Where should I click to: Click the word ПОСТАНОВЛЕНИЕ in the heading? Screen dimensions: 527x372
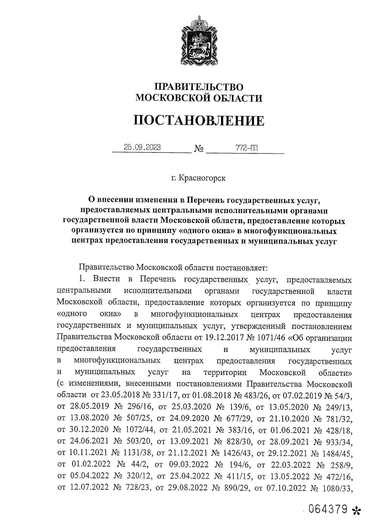[x=199, y=120]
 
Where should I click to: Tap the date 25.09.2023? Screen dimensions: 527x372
[x=142, y=148]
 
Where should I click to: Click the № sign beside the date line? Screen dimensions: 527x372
[x=199, y=149]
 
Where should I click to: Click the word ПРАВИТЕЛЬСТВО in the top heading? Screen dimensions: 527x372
[x=199, y=87]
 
